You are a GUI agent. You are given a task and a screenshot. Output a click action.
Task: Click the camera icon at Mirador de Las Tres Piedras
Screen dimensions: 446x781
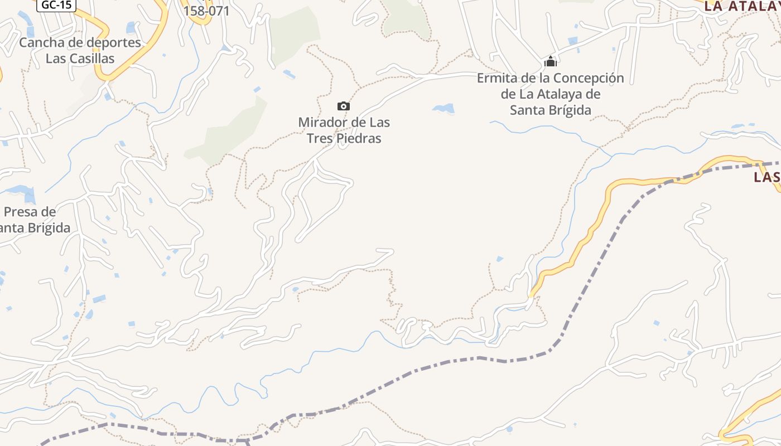(x=344, y=106)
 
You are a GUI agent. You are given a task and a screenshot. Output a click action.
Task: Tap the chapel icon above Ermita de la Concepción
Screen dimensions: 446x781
(x=551, y=61)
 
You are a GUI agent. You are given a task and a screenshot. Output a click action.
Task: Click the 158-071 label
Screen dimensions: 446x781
(x=206, y=11)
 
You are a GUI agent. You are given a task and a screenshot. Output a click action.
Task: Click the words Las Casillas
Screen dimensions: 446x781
(x=80, y=59)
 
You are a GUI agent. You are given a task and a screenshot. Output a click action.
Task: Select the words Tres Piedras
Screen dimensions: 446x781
(x=344, y=138)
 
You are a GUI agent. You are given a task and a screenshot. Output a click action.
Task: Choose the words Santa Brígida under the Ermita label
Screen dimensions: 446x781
(x=551, y=110)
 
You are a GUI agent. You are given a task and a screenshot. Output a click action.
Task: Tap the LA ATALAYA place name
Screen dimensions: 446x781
(x=742, y=6)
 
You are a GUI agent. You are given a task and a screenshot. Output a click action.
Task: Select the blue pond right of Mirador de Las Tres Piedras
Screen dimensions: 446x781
(x=444, y=108)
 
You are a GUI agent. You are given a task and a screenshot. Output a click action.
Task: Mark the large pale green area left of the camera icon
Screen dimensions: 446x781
(x=232, y=131)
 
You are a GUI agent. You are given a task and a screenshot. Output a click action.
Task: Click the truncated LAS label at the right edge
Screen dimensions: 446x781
(x=767, y=177)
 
